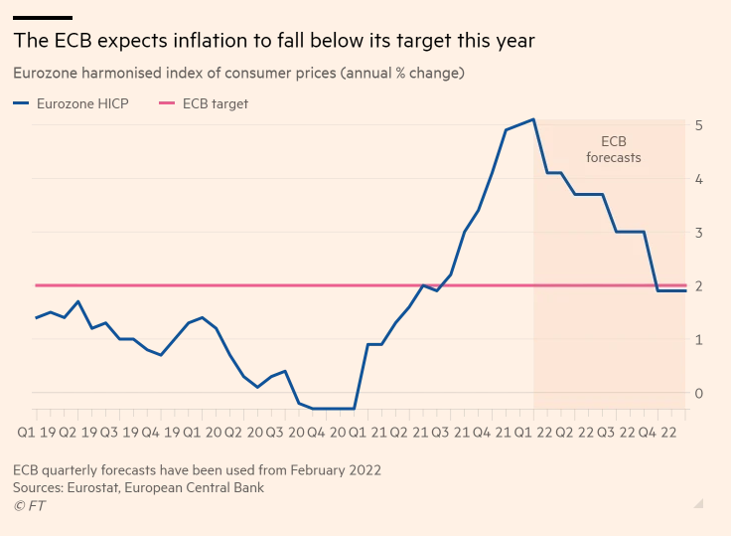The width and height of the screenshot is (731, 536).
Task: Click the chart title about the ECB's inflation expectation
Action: pos(274,41)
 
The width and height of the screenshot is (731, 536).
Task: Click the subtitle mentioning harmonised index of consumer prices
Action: pos(239,74)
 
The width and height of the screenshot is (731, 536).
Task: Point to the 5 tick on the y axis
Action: pos(699,125)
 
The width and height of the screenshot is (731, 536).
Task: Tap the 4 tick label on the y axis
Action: pos(699,179)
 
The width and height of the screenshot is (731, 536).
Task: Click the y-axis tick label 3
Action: pos(699,233)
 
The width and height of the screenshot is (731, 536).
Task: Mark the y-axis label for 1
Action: pos(699,340)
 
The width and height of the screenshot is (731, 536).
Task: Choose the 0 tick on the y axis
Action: pos(699,394)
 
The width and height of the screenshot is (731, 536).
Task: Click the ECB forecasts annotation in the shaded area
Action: pos(613,149)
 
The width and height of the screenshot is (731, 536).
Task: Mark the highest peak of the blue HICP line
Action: pos(534,119)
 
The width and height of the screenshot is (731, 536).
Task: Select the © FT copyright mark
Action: pos(29,506)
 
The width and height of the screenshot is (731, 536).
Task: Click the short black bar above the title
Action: pos(43,17)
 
